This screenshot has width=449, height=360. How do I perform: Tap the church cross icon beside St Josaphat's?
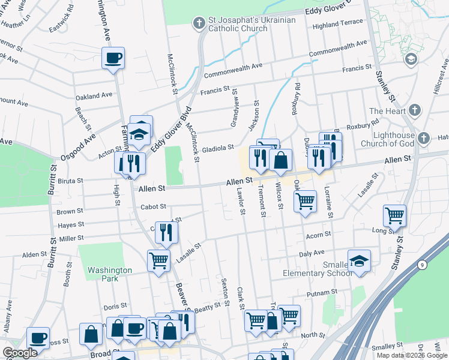(x=199, y=23)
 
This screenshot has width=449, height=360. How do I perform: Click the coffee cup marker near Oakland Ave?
(x=113, y=58)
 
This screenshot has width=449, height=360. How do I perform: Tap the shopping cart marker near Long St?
(x=394, y=215)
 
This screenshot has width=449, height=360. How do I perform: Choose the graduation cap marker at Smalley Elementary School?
(x=359, y=260)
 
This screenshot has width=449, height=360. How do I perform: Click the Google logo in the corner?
(x=20, y=353)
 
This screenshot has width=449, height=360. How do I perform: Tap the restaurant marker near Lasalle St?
(x=166, y=231)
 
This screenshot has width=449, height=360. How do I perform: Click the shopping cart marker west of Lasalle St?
(x=158, y=260)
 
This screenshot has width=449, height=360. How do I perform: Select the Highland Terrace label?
(x=338, y=23)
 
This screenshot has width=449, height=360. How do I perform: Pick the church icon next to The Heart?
(x=414, y=110)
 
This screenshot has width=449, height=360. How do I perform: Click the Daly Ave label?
(x=312, y=254)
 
